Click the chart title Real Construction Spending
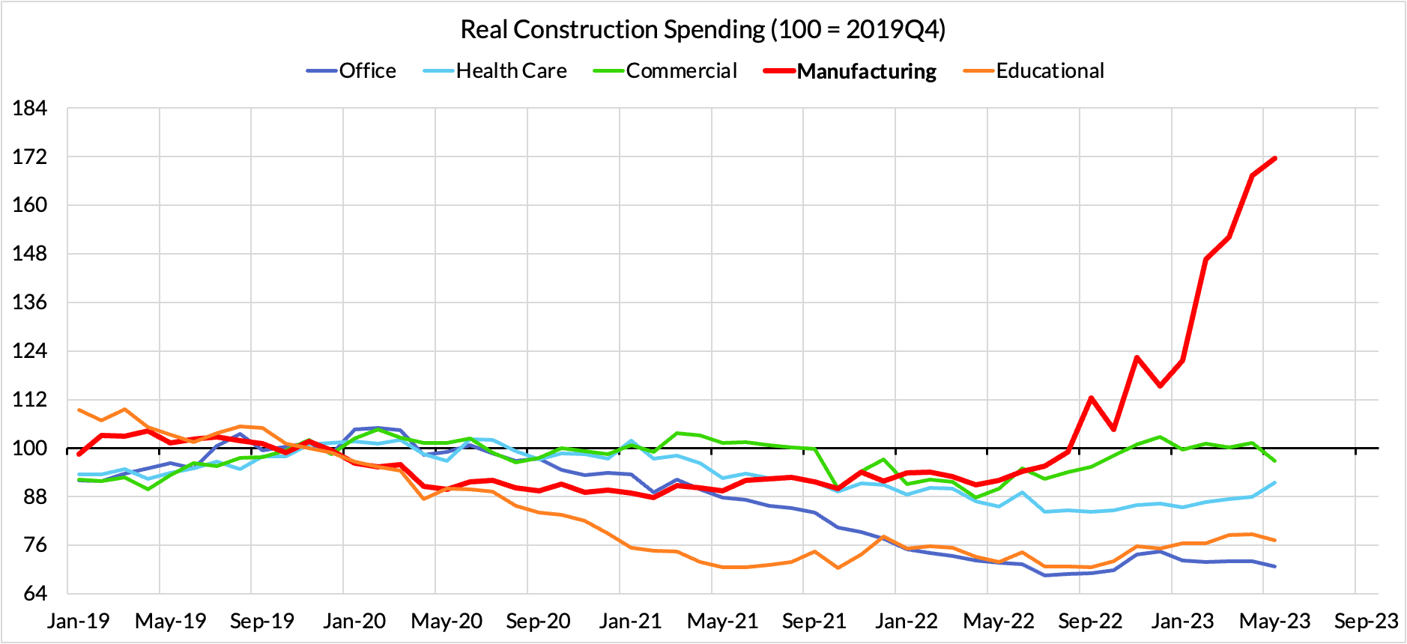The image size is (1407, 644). (702, 29)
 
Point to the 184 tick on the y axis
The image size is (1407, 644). (30, 108)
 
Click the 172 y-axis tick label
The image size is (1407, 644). (30, 157)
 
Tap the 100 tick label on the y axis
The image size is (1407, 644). (30, 448)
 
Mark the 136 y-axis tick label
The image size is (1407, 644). (30, 303)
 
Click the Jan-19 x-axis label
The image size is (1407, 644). (78, 621)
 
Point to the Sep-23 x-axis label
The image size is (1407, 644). (1366, 621)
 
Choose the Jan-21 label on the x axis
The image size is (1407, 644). (630, 621)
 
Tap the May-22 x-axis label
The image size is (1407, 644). (998, 621)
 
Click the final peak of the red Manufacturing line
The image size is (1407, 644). (1274, 158)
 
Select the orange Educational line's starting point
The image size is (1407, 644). (79, 410)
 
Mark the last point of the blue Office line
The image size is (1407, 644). (1274, 566)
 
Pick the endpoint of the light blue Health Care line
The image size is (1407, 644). (1274, 483)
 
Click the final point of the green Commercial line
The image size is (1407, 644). (1274, 461)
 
